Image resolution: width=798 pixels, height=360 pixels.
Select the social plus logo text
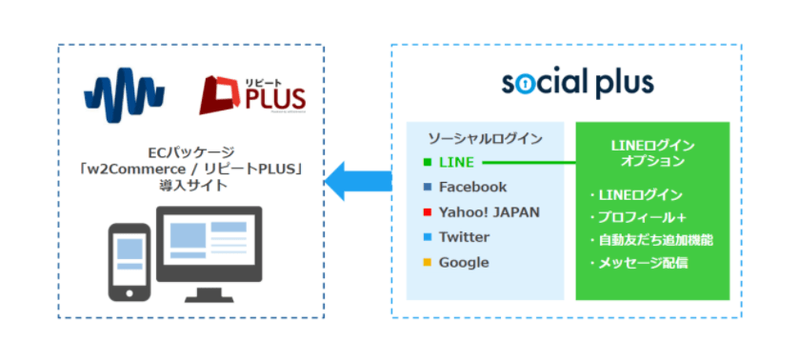578,83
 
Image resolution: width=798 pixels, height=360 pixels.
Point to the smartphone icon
131,260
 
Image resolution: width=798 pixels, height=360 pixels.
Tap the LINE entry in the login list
456,163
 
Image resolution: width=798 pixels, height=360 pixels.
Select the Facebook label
472,188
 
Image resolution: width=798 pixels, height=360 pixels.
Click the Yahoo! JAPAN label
489,212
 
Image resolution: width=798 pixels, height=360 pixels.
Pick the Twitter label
464,237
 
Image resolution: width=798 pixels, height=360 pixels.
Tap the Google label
464,262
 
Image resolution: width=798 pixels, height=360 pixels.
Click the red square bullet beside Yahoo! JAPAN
428,212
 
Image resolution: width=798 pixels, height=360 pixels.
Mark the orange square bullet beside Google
428,262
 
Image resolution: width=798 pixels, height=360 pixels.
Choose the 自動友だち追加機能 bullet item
652,240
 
